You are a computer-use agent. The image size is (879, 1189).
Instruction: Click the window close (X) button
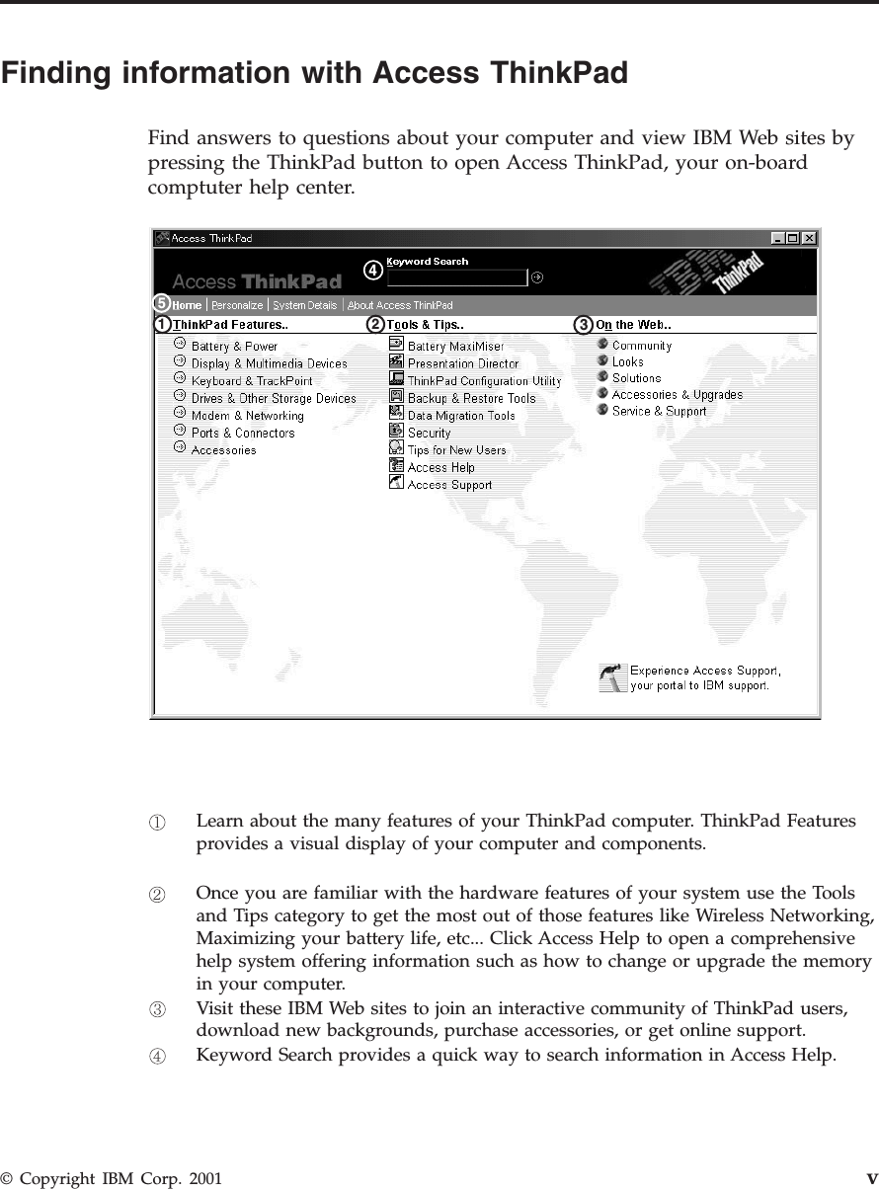[809, 238]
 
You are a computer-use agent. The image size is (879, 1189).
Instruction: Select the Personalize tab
[237, 305]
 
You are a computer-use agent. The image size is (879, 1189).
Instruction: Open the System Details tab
[305, 305]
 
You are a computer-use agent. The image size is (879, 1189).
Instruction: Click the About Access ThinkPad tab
[400, 305]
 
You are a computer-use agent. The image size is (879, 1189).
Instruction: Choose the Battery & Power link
[234, 347]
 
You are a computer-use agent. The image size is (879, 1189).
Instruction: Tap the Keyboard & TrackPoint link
[251, 381]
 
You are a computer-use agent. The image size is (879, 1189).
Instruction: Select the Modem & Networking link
[247, 416]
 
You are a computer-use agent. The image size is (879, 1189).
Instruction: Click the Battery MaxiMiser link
[455, 347]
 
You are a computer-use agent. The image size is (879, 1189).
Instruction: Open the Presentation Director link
[462, 363]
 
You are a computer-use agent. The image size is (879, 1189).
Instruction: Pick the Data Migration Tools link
[461, 416]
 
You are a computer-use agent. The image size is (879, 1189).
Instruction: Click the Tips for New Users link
[456, 450]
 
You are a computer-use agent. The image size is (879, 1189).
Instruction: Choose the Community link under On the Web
[641, 346]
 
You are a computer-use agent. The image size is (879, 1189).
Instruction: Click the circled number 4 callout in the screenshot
[372, 269]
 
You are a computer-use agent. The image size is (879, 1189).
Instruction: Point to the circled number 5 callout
[162, 303]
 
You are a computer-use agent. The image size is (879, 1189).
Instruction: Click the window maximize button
[793, 238]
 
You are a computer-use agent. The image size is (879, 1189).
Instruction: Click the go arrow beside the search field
[537, 277]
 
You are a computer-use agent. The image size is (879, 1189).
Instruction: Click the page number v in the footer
[872, 1178]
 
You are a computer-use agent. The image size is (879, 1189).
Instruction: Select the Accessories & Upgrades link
[677, 395]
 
